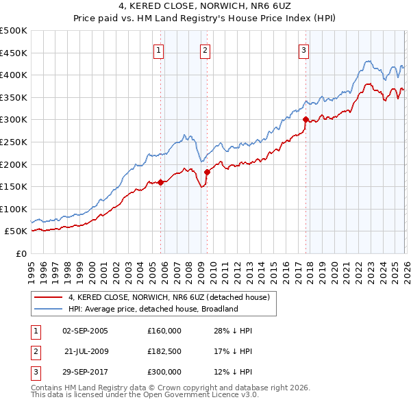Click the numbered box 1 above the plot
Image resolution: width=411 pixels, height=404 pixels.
159,49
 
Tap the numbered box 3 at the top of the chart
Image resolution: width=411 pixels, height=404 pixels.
303,49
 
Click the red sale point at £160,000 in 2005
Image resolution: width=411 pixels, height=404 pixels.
160,182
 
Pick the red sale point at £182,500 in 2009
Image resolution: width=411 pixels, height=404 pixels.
206,172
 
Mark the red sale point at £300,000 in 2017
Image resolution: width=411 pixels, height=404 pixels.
306,119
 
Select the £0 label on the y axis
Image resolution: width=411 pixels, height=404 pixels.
21,254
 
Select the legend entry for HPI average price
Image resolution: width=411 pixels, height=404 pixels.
152,309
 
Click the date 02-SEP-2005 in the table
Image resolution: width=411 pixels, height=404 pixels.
85,331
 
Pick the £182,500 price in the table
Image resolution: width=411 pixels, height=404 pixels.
164,351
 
